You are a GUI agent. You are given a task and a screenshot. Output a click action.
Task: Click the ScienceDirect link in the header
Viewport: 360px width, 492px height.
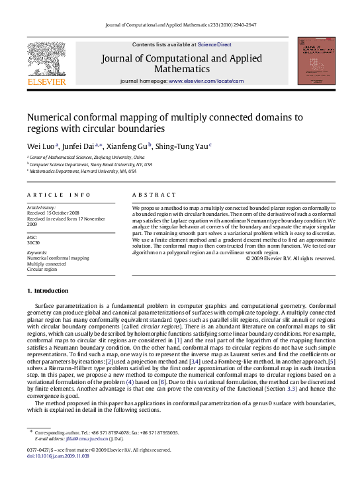click(x=214, y=44)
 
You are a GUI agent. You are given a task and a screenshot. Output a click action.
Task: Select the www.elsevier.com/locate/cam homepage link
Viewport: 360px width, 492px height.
click(x=206, y=81)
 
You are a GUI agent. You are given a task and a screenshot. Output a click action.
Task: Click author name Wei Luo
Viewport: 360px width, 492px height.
click(x=40, y=146)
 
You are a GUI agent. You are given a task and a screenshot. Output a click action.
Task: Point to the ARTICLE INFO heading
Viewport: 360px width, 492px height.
click(x=59, y=195)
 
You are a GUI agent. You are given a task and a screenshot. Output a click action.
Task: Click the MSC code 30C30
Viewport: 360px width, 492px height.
click(x=34, y=242)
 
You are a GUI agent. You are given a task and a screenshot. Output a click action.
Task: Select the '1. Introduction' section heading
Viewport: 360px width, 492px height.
click(x=48, y=291)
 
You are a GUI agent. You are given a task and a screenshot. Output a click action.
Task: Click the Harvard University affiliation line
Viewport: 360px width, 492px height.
click(x=83, y=171)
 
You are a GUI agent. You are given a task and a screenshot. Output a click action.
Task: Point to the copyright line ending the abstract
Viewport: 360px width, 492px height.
click(x=291, y=258)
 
